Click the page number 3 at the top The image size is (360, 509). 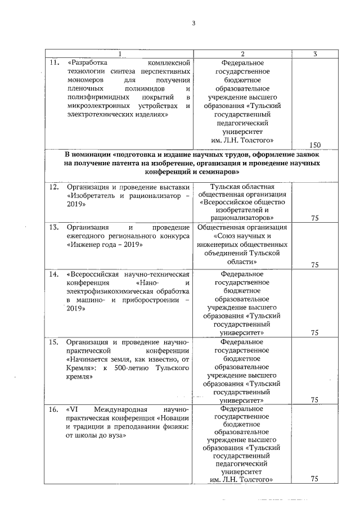[193, 22]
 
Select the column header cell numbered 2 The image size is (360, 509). [242, 53]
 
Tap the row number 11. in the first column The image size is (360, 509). [54, 63]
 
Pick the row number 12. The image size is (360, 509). [54, 187]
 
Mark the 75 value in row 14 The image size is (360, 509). [314, 332]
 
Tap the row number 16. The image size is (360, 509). [54, 409]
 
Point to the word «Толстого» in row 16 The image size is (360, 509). [256, 479]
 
